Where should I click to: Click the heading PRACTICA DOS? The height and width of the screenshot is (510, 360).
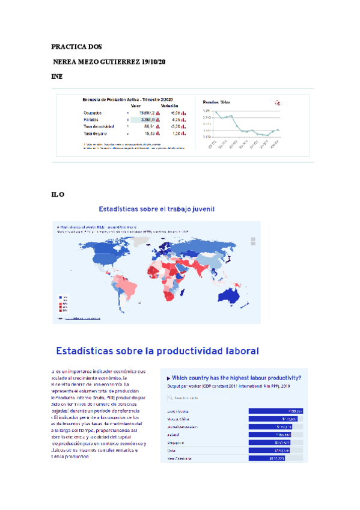76,46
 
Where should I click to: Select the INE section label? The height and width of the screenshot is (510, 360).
57,77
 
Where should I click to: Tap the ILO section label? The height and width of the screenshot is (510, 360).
58,194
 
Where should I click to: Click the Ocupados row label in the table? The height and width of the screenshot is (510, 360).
93,112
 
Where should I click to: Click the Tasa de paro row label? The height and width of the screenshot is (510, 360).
94,134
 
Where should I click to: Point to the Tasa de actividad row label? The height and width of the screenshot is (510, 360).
99,127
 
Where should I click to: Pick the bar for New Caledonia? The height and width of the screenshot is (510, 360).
266,458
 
